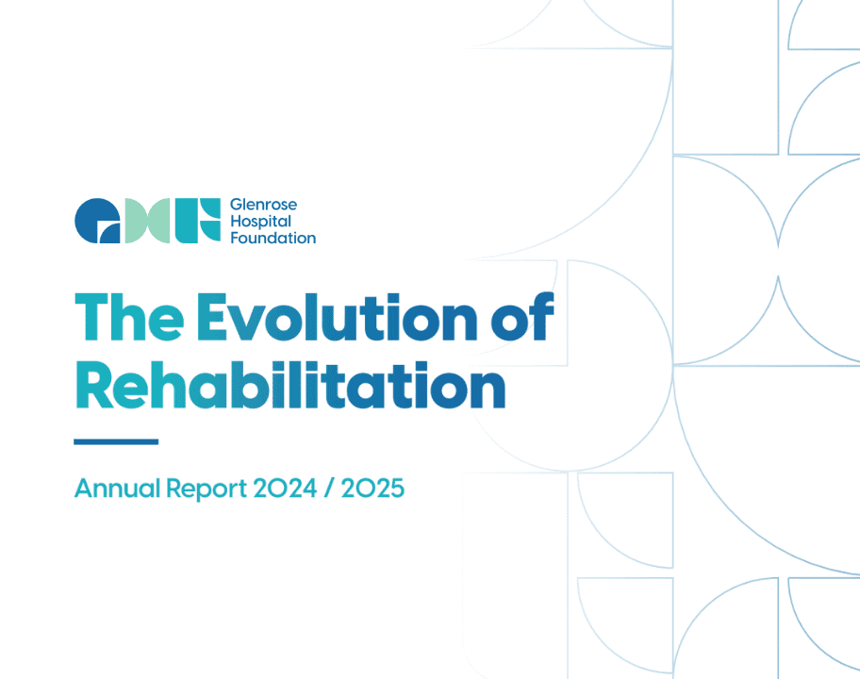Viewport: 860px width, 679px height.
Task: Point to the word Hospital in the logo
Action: pyautogui.click(x=261, y=222)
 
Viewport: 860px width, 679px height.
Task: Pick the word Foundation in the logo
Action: pyautogui.click(x=273, y=238)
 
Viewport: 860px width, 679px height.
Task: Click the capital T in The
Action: pyautogui.click(x=91, y=319)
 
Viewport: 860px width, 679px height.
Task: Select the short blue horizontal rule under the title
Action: pyautogui.click(x=116, y=441)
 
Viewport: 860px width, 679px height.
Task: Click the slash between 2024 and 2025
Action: pyautogui.click(x=329, y=489)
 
